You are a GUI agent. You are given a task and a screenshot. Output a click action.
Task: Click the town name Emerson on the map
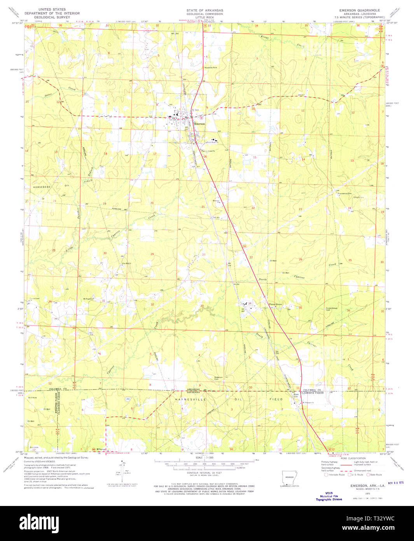pyautogui.click(x=199, y=123)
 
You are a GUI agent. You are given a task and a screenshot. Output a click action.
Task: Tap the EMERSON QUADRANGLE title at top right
pyautogui.click(x=360, y=10)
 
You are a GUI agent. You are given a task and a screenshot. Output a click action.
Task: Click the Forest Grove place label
pyautogui.click(x=276, y=304)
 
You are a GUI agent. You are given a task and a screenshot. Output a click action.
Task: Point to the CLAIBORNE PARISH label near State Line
pyautogui.click(x=314, y=393)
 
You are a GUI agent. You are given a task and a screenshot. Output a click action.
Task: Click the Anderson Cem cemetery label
pyautogui.click(x=218, y=378)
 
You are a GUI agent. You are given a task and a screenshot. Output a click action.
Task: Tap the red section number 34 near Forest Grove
pyautogui.click(x=250, y=303)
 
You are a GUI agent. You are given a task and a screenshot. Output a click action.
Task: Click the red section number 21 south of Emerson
pyautogui.click(x=203, y=207)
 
